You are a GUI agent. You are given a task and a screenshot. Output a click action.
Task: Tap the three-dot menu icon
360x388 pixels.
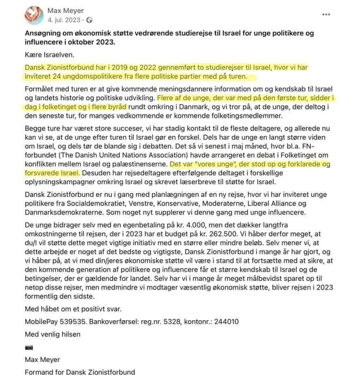pyautogui.click(x=326, y=15)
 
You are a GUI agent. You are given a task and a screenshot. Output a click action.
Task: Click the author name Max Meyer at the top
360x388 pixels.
pyautogui.click(x=66, y=11)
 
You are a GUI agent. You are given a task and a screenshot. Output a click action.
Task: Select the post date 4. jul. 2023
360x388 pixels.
pyautogui.click(x=64, y=19)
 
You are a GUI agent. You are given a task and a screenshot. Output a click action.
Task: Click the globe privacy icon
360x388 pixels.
pyautogui.click(x=89, y=19)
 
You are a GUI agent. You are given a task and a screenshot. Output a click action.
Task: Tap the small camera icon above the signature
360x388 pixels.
pyautogui.click(x=29, y=347)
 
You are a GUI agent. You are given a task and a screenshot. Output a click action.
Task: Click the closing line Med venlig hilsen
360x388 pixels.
pyautogui.click(x=53, y=334)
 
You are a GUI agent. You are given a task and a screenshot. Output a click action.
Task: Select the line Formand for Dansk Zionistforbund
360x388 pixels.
pyautogui.click(x=80, y=372)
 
